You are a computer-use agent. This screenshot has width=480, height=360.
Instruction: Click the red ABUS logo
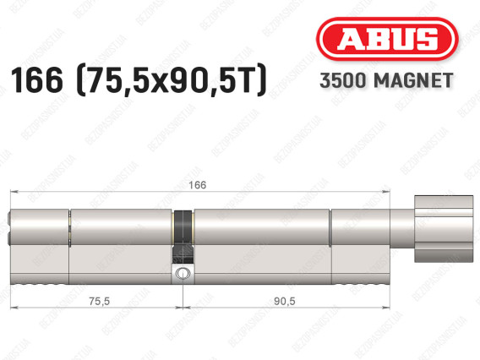tap(387, 39)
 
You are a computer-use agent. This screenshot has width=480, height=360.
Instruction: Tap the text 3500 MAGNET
tap(386, 80)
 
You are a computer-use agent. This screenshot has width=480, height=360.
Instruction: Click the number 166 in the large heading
tap(36, 80)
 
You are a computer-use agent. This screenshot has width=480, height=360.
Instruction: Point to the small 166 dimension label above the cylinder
tap(198, 185)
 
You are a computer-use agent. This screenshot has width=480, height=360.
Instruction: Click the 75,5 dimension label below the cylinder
tap(100, 302)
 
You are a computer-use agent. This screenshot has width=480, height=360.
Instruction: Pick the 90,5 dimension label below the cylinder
tap(285, 302)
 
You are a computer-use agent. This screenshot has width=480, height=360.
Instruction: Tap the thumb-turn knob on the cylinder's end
tap(444, 229)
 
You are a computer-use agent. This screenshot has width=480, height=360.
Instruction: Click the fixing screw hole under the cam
tap(183, 273)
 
